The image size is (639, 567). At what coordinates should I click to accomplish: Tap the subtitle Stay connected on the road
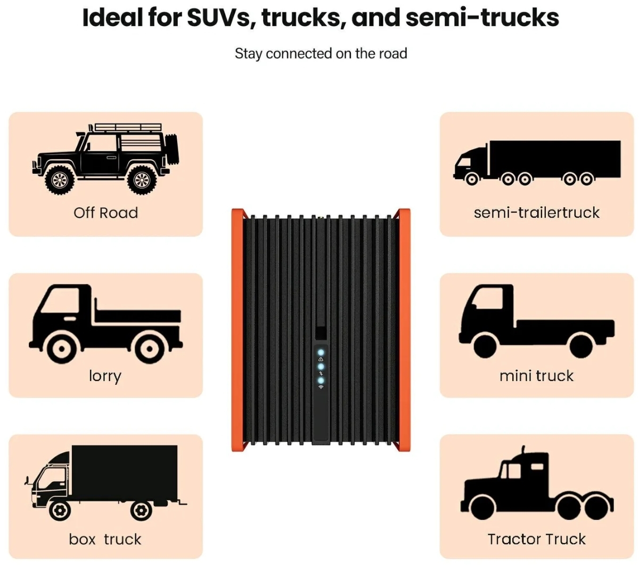(x=321, y=54)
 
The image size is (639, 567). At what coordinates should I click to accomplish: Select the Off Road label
(x=105, y=213)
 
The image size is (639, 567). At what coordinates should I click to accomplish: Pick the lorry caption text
(x=105, y=376)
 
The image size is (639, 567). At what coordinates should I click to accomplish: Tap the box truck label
(x=105, y=539)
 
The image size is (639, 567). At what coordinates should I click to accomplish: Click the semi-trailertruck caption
(x=536, y=213)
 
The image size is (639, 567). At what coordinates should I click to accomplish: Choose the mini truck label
(x=536, y=376)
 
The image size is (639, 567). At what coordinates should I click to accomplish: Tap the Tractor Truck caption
(x=536, y=539)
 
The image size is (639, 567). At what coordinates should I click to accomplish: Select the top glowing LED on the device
(x=321, y=352)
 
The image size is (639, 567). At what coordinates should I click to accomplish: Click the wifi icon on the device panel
(x=321, y=387)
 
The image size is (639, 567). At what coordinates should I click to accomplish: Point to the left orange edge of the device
(x=237, y=330)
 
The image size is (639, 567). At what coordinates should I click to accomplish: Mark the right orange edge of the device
(x=404, y=330)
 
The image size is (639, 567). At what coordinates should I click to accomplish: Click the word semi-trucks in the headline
(x=482, y=17)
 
